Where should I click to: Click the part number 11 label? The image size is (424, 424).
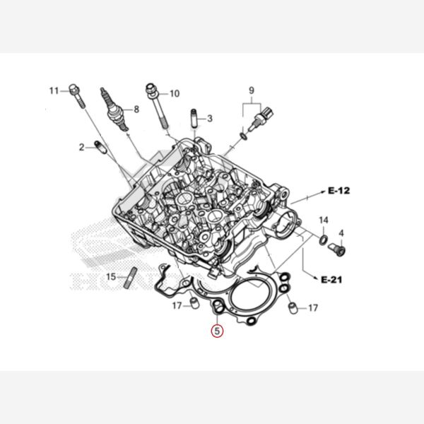coord(54,91)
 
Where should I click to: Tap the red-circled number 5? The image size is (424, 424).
coord(217,331)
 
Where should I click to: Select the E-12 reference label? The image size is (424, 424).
coord(338,191)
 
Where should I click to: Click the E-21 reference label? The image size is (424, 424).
coord(331,279)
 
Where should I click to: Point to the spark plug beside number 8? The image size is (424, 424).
coord(114,110)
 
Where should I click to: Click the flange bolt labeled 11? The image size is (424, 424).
coord(76,96)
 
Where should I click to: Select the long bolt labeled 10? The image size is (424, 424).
coord(158,106)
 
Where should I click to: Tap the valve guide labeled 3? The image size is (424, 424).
coord(194,118)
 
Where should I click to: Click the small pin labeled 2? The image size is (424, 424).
coord(100,147)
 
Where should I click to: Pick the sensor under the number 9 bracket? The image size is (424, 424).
coord(261,119)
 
